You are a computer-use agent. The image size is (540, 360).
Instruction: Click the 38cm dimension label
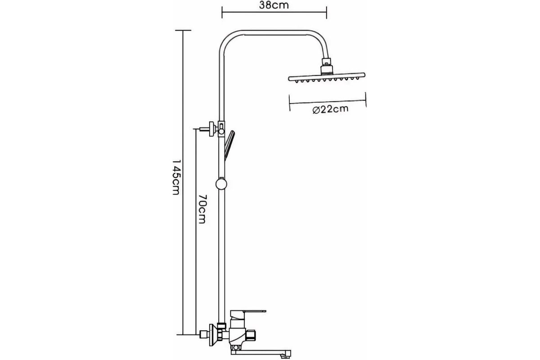(x=274, y=5)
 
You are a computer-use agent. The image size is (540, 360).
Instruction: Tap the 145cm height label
(x=176, y=177)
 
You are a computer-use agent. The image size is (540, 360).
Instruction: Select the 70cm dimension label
(x=202, y=209)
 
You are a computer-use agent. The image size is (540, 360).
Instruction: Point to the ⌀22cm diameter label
(x=330, y=109)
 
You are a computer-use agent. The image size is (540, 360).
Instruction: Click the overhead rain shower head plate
(x=327, y=77)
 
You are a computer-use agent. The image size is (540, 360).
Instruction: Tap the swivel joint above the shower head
(x=327, y=66)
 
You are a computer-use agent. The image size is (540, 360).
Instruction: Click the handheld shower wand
(x=229, y=145)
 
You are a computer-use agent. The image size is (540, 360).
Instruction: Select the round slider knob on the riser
(x=221, y=184)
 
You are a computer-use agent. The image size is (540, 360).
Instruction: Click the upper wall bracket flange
(x=212, y=129)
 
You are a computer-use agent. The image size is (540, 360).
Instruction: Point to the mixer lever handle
(x=248, y=315)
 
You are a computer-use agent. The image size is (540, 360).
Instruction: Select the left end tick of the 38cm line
(x=222, y=12)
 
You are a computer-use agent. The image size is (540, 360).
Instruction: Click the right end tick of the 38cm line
(x=326, y=12)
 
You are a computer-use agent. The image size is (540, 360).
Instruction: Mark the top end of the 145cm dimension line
(x=183, y=31)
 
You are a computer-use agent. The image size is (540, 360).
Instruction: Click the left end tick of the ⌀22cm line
(x=289, y=103)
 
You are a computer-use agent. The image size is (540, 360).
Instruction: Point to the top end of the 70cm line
(x=196, y=129)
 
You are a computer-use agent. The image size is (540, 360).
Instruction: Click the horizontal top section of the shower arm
(x=274, y=32)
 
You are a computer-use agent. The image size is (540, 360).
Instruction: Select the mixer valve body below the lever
(x=238, y=336)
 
